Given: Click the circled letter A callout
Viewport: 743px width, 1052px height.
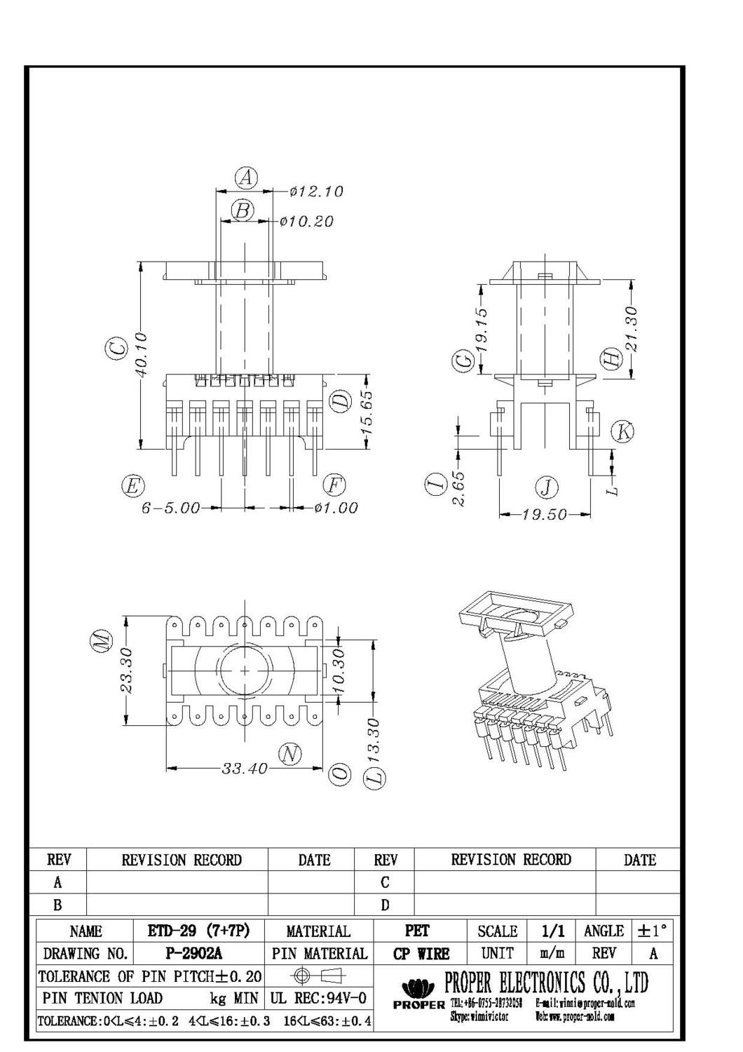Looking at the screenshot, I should point(245,178).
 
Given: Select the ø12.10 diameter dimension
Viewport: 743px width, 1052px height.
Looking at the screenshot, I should point(316,191).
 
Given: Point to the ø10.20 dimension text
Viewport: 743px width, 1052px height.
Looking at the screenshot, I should point(306,222).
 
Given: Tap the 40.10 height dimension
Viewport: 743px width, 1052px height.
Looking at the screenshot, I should point(142,355).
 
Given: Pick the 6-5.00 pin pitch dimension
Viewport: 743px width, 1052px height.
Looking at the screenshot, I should point(171,508).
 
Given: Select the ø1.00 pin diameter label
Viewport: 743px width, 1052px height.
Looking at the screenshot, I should point(336,508).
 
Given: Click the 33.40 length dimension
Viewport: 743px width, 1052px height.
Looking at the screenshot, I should point(245,769).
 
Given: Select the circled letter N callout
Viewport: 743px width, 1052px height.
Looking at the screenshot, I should point(289,755).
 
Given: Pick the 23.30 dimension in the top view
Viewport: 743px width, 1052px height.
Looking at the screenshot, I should point(126,670).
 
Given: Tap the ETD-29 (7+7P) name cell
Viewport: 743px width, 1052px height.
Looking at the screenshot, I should point(198,931).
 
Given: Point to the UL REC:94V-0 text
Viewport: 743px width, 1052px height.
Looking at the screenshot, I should point(320,998).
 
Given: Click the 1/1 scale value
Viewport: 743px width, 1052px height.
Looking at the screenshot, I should point(553,931).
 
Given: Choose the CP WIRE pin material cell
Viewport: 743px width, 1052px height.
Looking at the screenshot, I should point(421,953).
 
